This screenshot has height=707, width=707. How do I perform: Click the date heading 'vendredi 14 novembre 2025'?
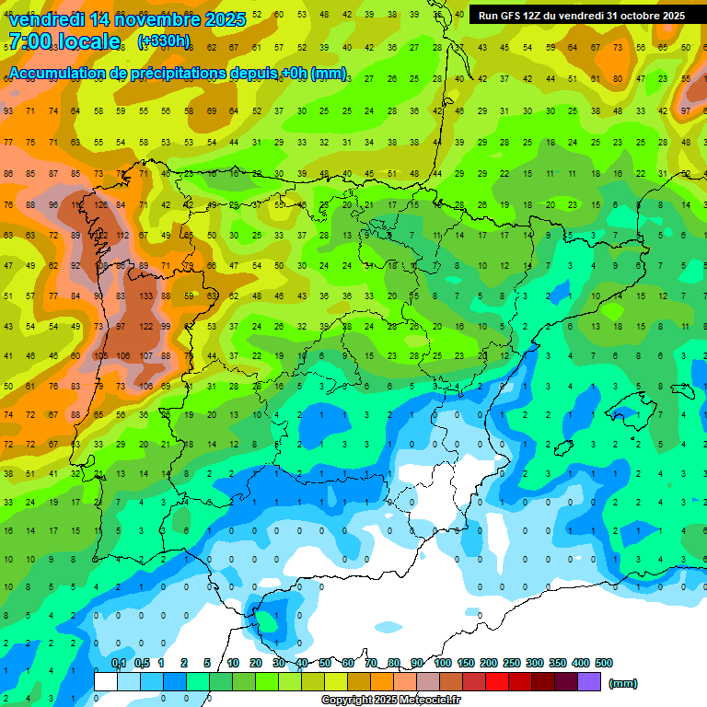pos(126,18)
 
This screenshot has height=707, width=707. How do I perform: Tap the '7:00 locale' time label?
pos(64,41)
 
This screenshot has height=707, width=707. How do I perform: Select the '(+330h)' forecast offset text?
pos(164,41)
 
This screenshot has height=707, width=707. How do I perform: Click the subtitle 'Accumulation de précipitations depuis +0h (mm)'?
pos(177,74)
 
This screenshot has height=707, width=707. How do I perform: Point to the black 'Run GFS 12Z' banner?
pos(581,15)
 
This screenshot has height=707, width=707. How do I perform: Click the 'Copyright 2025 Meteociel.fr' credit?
pos(391,701)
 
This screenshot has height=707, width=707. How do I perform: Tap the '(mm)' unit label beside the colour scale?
pos(623,683)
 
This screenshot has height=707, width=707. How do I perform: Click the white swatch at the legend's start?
pos(105,681)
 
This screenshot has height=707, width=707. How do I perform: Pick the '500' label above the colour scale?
pos(604,663)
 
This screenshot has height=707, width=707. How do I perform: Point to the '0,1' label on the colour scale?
pos(119,663)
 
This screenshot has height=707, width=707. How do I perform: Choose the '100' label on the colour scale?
pos(443,663)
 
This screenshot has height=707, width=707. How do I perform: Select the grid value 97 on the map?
pos(121,327)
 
